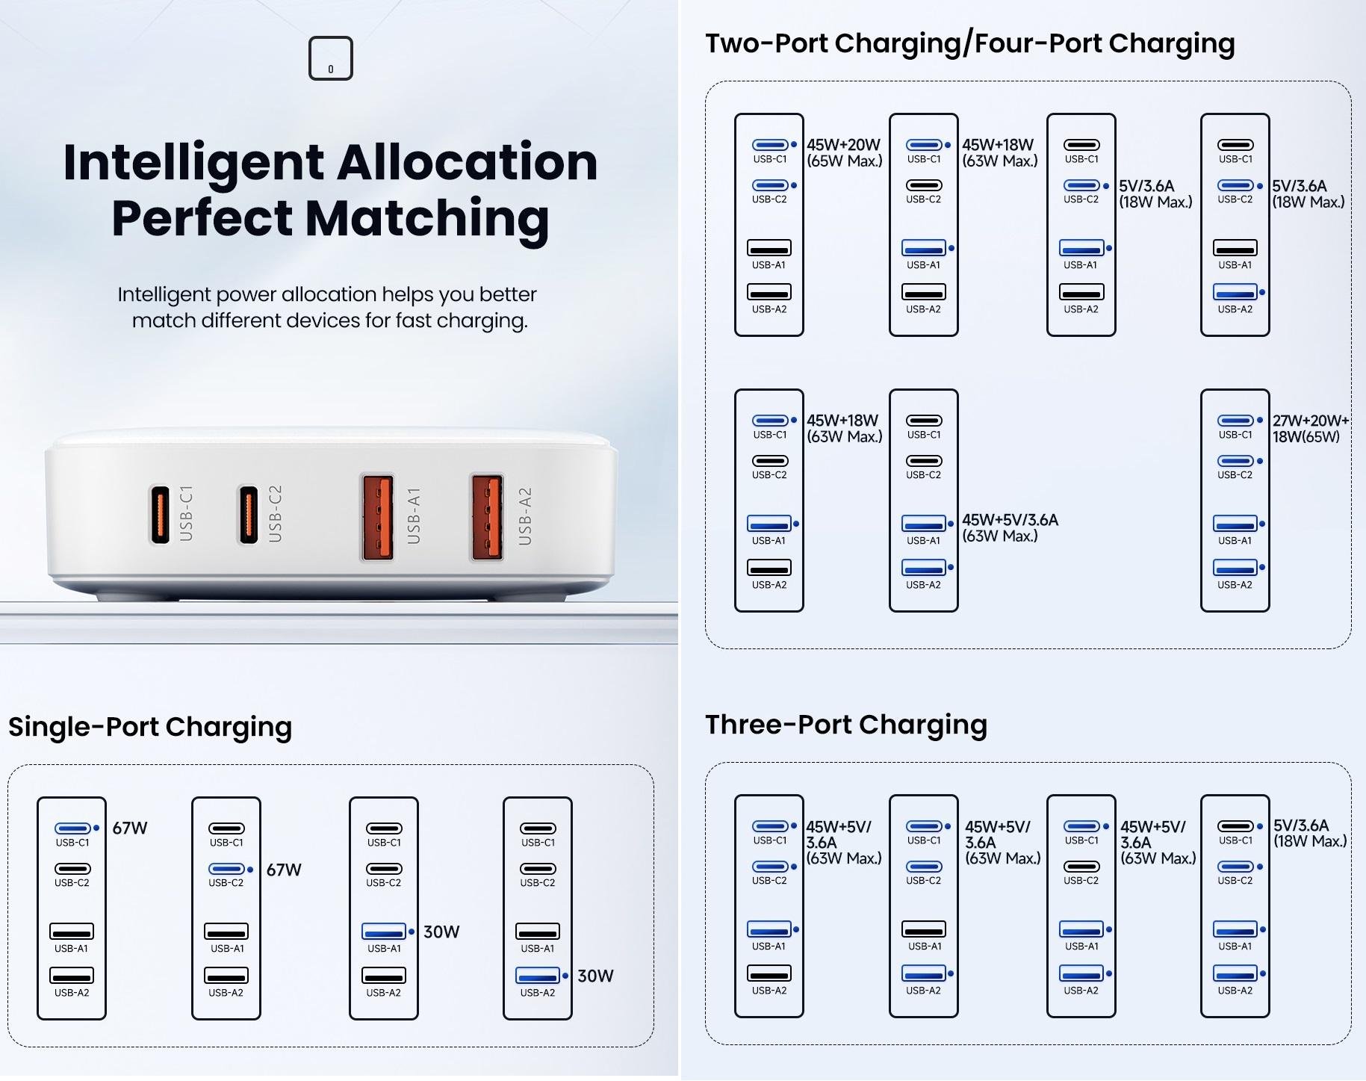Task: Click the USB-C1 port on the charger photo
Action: coord(160,514)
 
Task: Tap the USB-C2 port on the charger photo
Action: coord(249,514)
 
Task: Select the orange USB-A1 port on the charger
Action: coord(378,517)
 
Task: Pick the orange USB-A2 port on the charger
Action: coord(487,517)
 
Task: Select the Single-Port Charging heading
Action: coord(150,727)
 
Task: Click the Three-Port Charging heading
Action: coord(846,725)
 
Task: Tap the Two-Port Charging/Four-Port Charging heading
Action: coord(970,43)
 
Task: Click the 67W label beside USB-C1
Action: coord(130,828)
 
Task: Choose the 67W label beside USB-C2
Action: coord(284,870)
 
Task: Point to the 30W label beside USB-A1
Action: coord(441,932)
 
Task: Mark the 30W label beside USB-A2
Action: coord(595,976)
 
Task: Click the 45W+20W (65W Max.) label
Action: coord(844,152)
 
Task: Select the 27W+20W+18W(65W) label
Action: coord(1311,429)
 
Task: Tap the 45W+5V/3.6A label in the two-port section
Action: coord(1010,527)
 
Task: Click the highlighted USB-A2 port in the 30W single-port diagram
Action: coord(537,976)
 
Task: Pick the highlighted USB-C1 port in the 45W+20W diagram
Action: coord(770,145)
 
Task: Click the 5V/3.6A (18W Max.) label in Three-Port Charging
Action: coord(1310,833)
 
